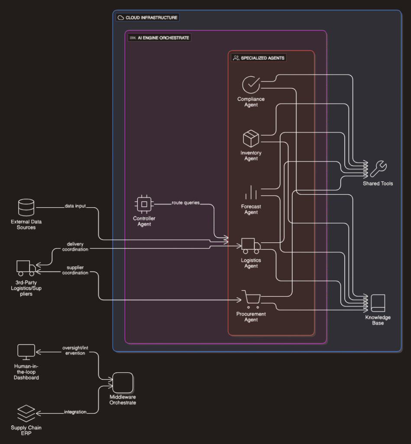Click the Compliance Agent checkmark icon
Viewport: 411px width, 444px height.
(251, 85)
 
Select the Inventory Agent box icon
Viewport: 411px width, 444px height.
(251, 139)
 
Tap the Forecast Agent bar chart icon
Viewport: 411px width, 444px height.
(251, 193)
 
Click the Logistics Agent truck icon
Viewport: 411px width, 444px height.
(251, 246)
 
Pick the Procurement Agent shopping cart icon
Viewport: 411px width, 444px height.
(251, 299)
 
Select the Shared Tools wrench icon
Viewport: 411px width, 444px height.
(378, 169)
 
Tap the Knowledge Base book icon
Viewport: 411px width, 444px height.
(378, 303)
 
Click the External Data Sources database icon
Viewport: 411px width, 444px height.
(26, 208)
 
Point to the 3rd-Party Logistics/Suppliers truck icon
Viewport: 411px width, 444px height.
(26, 268)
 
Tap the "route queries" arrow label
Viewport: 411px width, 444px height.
(185, 202)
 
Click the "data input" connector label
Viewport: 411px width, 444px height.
(75, 206)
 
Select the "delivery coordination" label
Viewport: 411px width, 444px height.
(75, 246)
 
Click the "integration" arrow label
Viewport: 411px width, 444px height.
(75, 412)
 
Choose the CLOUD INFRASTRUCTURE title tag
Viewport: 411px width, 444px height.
(147, 18)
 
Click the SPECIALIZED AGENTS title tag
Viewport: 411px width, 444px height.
(259, 58)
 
